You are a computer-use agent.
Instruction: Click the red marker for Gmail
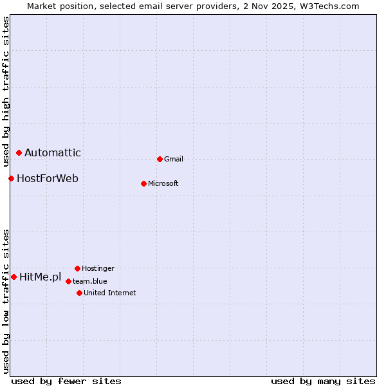click(x=160, y=159)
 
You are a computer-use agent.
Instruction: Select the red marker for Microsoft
click(x=143, y=183)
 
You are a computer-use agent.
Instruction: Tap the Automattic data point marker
click(x=19, y=152)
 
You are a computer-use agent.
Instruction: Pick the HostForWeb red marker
click(x=11, y=178)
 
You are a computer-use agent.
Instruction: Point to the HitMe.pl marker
click(x=14, y=277)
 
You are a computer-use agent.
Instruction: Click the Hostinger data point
click(x=77, y=268)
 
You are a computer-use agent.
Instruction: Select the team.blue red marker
click(x=68, y=281)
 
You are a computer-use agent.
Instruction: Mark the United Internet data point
click(x=79, y=293)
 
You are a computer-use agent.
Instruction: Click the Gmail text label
click(x=174, y=159)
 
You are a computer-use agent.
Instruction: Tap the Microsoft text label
click(x=163, y=183)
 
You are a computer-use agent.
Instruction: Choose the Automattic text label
click(x=53, y=152)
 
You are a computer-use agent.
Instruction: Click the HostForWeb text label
click(x=48, y=178)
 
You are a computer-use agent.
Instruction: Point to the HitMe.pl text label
click(x=41, y=277)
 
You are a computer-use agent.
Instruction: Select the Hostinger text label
click(x=98, y=268)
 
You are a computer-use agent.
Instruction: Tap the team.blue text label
click(x=90, y=281)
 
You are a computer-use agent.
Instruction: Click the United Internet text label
click(x=110, y=293)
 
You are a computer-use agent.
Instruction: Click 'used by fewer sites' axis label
click(x=66, y=381)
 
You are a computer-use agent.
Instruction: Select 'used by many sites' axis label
click(x=323, y=381)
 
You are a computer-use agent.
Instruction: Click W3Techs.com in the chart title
click(x=328, y=6)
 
